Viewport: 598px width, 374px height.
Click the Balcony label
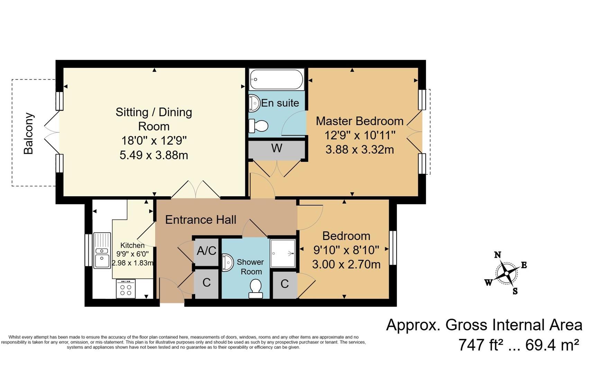point(29,133)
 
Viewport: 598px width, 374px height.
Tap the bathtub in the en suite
point(277,79)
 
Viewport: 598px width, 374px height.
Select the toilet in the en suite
point(258,126)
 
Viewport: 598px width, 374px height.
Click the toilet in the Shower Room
point(256,288)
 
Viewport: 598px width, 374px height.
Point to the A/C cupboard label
point(207,250)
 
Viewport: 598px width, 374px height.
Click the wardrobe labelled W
point(277,149)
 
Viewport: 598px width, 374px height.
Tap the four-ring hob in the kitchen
point(126,288)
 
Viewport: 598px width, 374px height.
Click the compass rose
point(506,273)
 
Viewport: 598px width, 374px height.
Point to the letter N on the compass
point(497,255)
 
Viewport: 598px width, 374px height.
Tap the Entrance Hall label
point(201,220)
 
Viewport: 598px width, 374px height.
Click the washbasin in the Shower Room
point(227,262)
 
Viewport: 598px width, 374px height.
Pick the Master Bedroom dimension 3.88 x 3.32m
point(360,150)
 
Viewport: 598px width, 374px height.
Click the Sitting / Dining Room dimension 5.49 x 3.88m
point(154,155)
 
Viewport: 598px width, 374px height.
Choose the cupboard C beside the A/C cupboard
point(207,283)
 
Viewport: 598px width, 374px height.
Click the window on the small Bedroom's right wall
point(393,248)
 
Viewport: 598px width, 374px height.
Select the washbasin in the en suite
point(254,103)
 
